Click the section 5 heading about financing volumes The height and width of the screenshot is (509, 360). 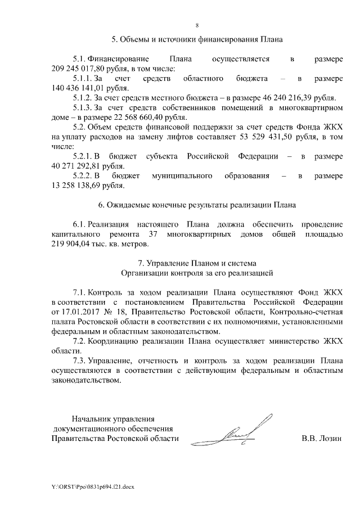[197, 40]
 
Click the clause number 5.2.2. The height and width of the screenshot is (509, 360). [85, 176]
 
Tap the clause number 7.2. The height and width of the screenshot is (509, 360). [80, 342]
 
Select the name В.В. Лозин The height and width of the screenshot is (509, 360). [321, 438]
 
